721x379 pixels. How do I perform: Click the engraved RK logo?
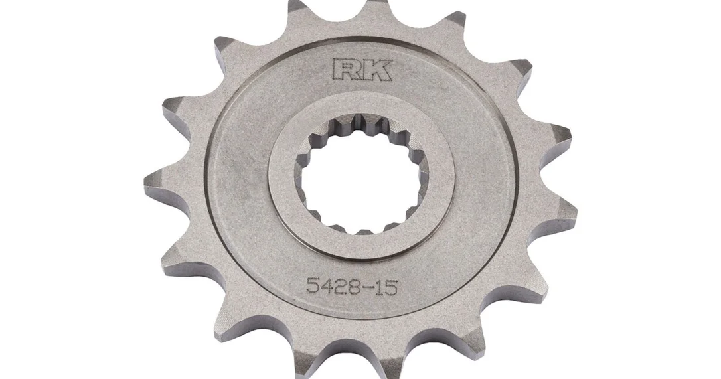click(x=361, y=68)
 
